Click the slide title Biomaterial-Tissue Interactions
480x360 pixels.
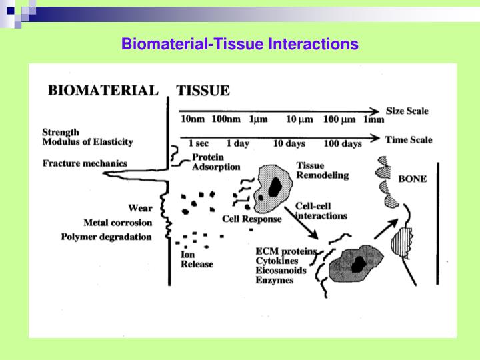[x=239, y=44]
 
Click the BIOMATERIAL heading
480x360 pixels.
[x=103, y=90]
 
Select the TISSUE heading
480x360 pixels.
[x=203, y=90]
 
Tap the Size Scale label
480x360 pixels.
[x=407, y=111]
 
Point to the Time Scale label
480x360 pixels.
[x=408, y=140]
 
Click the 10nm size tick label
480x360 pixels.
[x=193, y=120]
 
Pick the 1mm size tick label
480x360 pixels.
[x=373, y=120]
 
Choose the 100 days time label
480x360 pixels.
[x=343, y=143]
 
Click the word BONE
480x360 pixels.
[x=412, y=179]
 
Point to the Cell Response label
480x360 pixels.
[x=251, y=219]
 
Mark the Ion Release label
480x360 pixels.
[x=197, y=259]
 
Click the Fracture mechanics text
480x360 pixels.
[x=84, y=163]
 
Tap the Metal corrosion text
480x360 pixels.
[x=117, y=222]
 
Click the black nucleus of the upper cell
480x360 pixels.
[x=274, y=189]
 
